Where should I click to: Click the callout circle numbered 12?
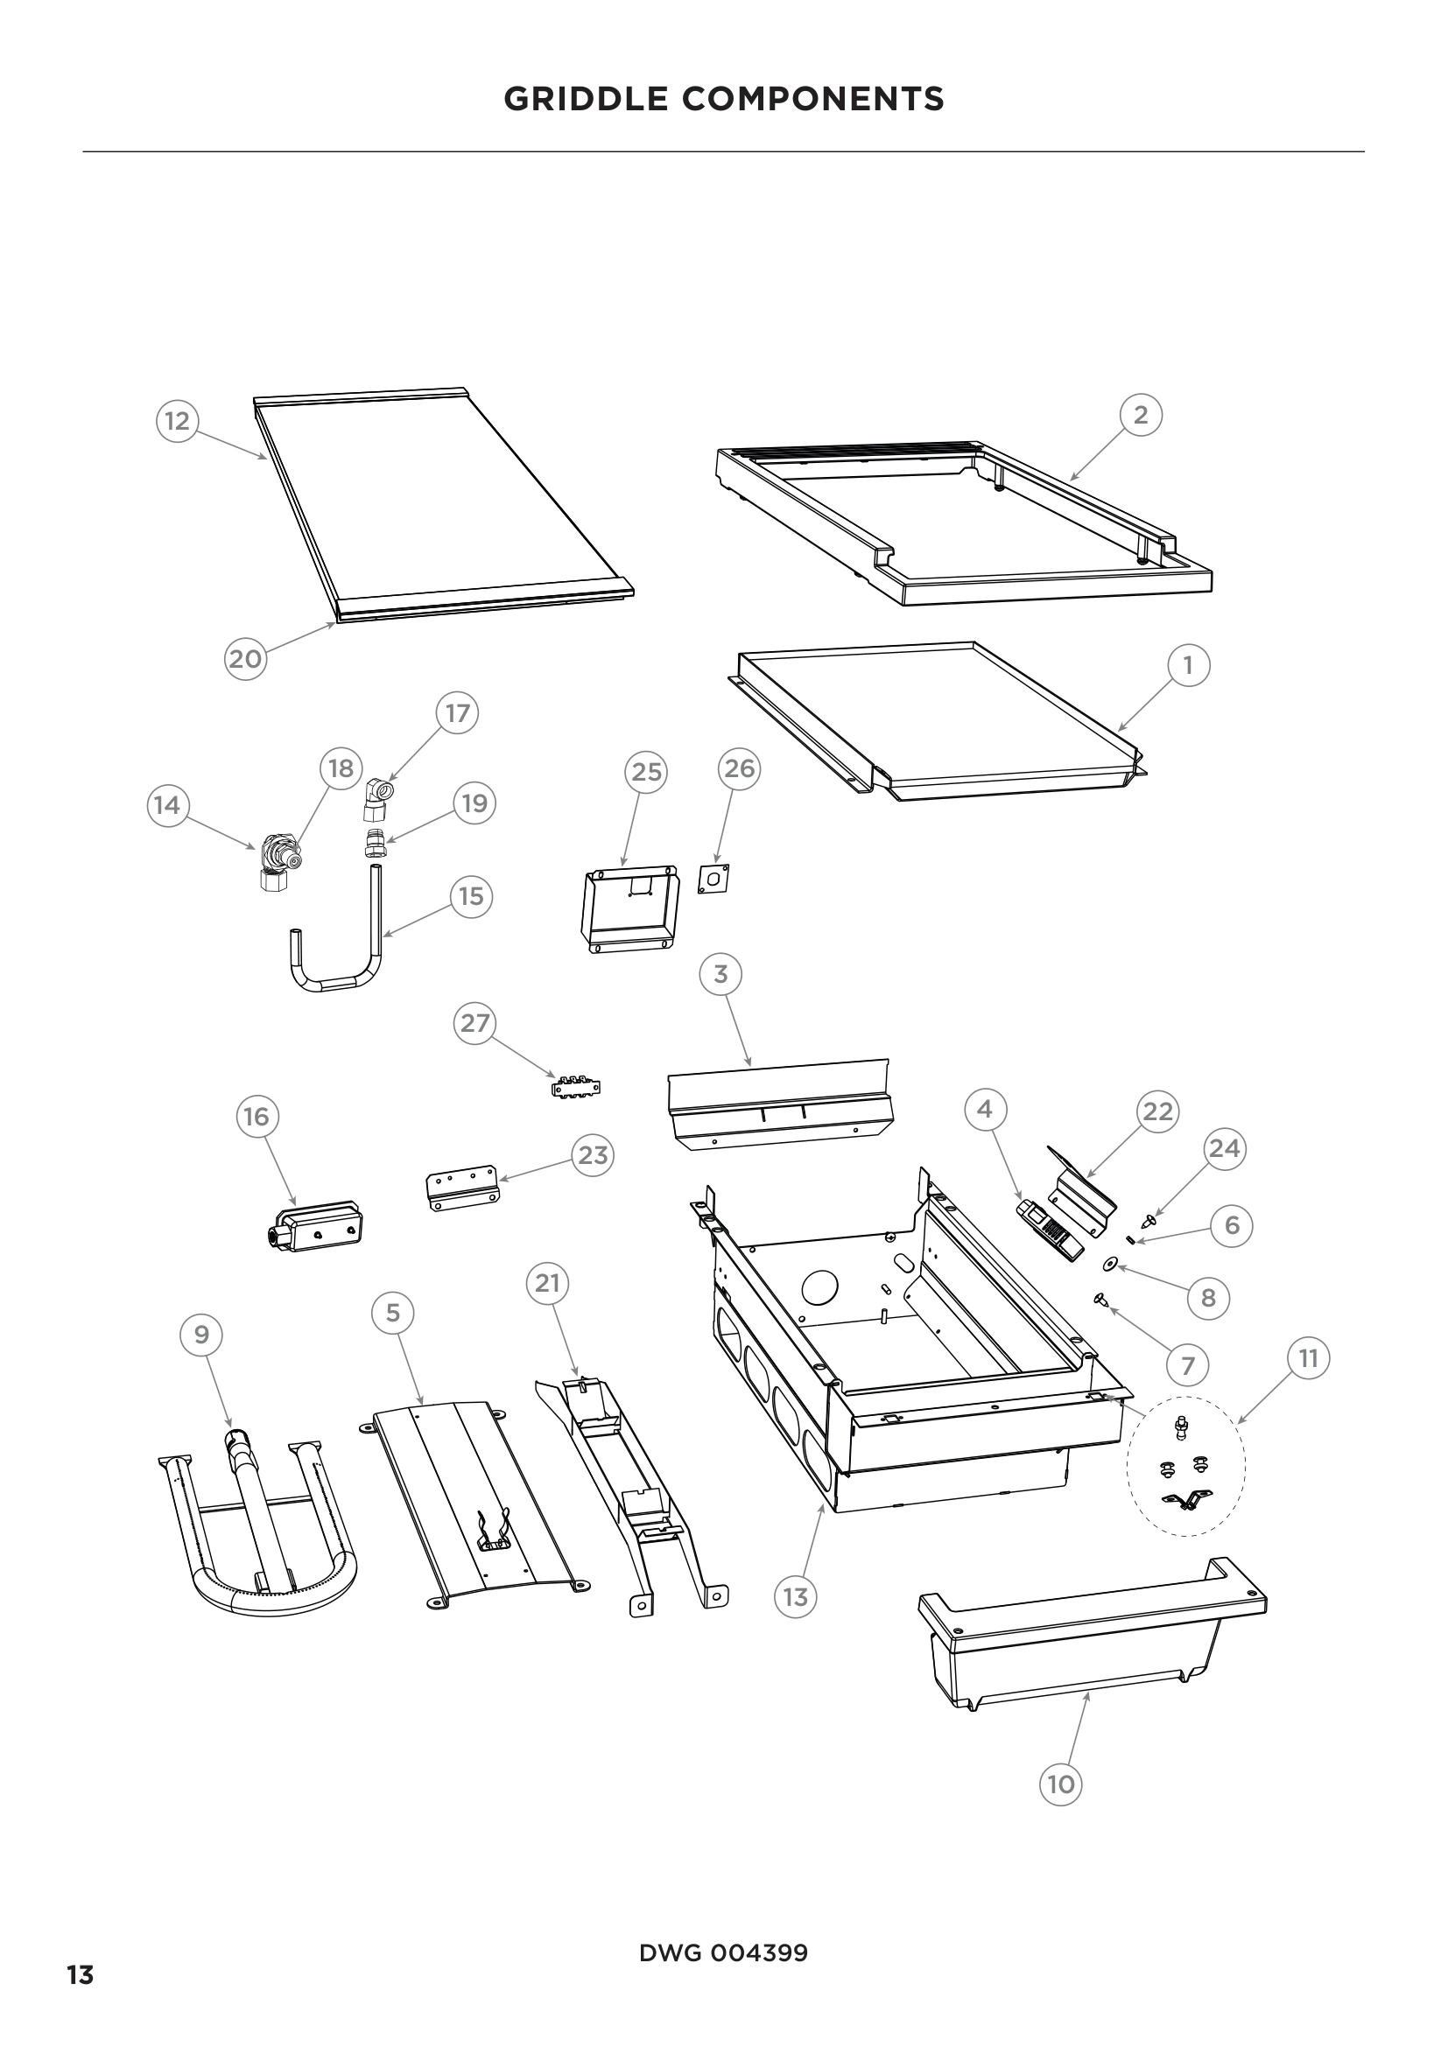(x=178, y=420)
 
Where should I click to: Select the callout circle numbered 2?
(x=1141, y=415)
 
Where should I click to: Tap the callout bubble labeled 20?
(x=245, y=659)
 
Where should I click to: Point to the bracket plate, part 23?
(x=460, y=1190)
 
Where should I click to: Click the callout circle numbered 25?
(x=646, y=771)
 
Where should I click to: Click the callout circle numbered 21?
(x=547, y=1283)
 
